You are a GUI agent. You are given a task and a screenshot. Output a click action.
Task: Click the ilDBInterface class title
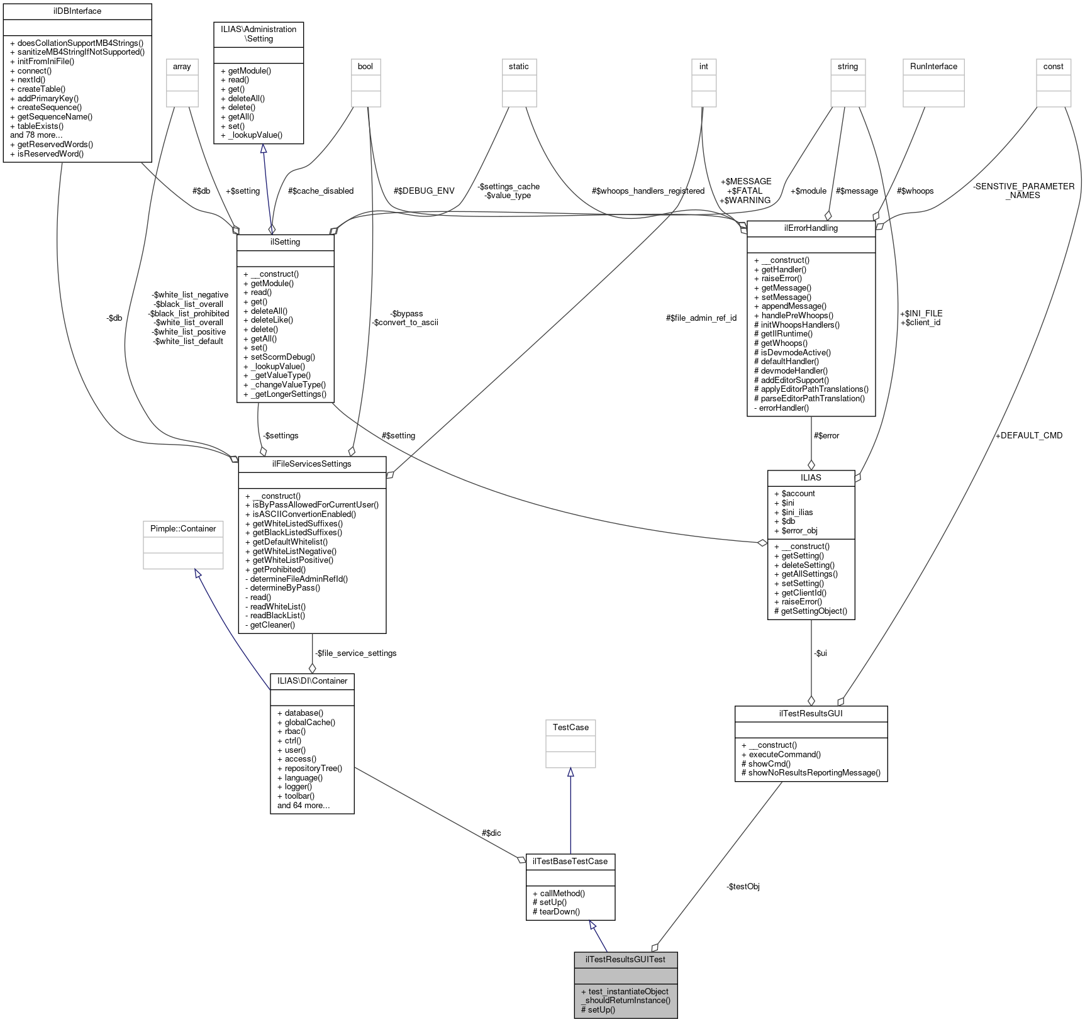pyautogui.click(x=77, y=11)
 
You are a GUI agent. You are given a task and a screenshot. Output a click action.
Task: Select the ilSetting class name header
pyautogui.click(x=285, y=242)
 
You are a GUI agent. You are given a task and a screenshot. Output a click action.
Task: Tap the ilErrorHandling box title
pyautogui.click(x=811, y=228)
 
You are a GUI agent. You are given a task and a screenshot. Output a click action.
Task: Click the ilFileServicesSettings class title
pyautogui.click(x=312, y=464)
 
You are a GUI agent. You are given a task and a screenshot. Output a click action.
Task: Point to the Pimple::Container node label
pyautogui.click(x=183, y=528)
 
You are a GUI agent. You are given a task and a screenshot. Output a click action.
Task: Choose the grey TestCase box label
pyautogui.click(x=570, y=727)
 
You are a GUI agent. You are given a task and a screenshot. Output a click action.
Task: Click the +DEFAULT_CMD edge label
pyautogui.click(x=1028, y=435)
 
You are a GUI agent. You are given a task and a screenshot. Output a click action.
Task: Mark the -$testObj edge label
pyautogui.click(x=743, y=886)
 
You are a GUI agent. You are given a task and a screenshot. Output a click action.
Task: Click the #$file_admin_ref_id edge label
pyautogui.click(x=701, y=318)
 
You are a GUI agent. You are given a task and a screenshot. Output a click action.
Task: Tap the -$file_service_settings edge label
pyautogui.click(x=355, y=653)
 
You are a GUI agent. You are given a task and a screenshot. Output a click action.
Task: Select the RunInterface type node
pyautogui.click(x=933, y=66)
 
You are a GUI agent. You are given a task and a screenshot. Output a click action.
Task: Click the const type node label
pyautogui.click(x=1053, y=66)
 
